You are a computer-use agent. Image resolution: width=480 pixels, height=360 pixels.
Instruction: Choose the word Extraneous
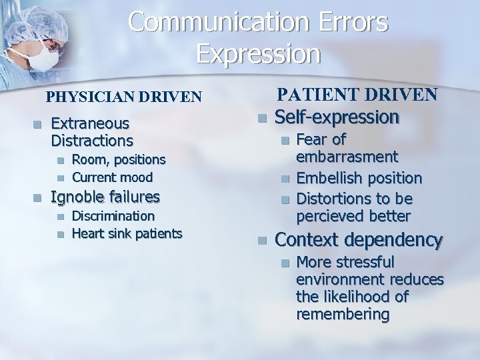pos(90,123)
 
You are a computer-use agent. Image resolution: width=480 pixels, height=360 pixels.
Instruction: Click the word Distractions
pos(92,141)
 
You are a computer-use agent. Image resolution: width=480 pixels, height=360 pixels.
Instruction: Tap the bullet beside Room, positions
pos(61,160)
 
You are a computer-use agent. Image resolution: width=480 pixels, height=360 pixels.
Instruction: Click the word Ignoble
pos(77,197)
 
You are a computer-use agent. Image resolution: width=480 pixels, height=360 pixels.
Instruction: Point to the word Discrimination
pos(113,216)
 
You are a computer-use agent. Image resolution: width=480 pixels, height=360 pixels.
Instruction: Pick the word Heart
pos(87,233)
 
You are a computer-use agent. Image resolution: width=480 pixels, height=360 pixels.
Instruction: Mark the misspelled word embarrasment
pos(347,157)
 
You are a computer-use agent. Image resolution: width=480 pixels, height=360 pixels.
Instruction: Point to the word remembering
pos(343,314)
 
